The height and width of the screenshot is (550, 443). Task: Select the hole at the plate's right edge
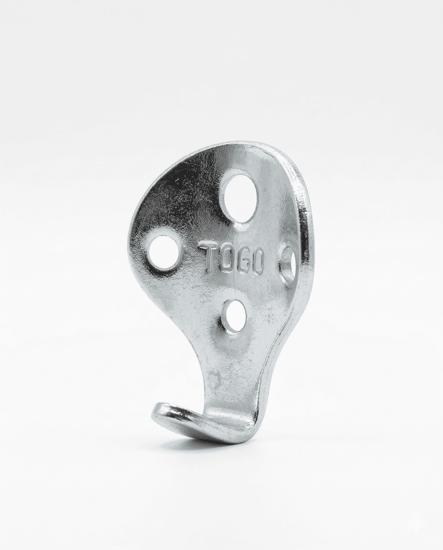[x=288, y=265]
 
